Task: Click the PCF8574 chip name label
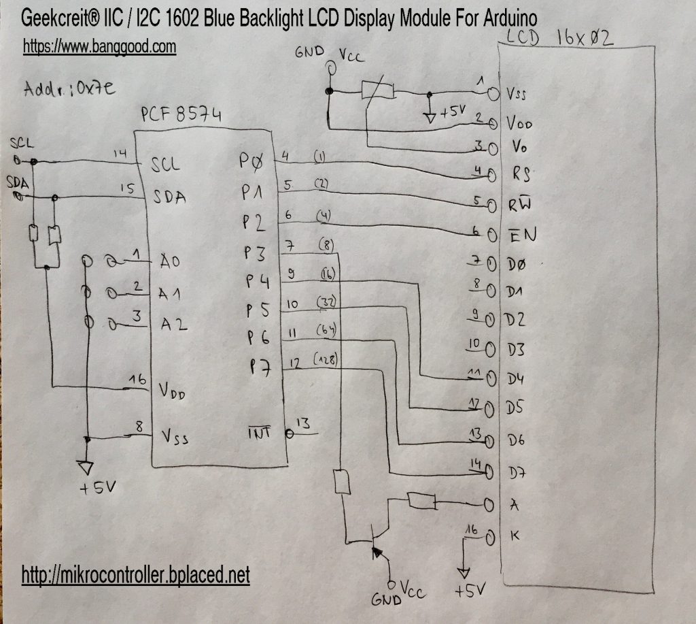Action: coord(180,114)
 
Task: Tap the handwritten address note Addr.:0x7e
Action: coord(62,88)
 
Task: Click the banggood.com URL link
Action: coord(100,46)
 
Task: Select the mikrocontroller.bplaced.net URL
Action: coord(136,576)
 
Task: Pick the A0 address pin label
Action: coord(169,261)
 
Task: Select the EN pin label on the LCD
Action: coord(522,235)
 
